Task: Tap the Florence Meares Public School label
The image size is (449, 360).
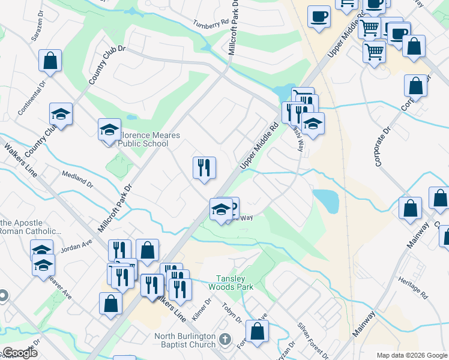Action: coord(148,140)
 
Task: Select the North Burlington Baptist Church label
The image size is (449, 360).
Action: coord(185,340)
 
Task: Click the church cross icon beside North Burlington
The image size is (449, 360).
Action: coord(224,340)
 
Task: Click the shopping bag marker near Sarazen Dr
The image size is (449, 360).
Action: coord(50,61)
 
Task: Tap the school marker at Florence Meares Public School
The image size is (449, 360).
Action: coord(109,130)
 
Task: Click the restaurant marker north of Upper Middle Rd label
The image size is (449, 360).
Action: coord(204,168)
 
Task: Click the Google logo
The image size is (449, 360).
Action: coord(20,353)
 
